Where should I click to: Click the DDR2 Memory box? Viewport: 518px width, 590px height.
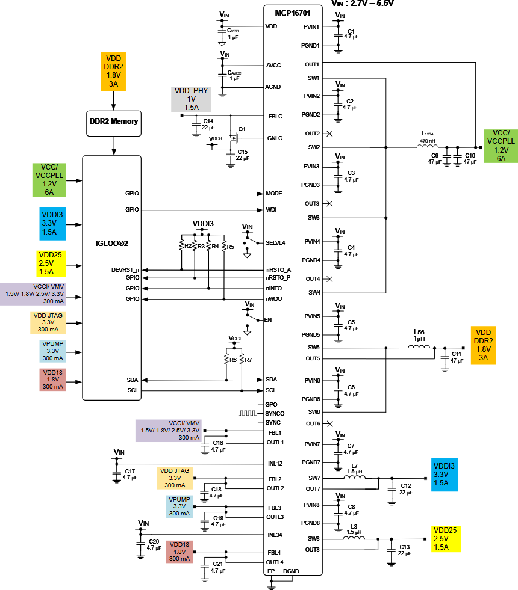click(113, 121)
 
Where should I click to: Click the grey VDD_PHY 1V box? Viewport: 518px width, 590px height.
click(192, 99)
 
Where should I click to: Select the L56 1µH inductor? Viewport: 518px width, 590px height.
click(419, 347)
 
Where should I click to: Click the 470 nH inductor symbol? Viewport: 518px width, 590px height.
click(426, 146)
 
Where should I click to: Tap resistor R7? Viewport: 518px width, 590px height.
click(241, 360)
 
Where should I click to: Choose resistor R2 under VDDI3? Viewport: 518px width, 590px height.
click(181, 245)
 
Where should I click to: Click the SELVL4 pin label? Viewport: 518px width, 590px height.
click(276, 243)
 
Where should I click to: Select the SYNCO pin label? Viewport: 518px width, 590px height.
click(275, 414)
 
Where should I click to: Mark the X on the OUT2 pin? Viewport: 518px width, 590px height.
click(329, 133)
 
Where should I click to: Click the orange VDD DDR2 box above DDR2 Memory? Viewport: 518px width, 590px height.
click(113, 71)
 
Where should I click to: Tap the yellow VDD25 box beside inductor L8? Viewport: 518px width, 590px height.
click(445, 539)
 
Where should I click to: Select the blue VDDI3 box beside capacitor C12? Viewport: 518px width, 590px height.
click(445, 475)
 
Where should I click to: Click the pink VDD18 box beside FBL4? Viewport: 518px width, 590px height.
click(180, 552)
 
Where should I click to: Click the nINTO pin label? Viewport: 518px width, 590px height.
click(274, 289)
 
